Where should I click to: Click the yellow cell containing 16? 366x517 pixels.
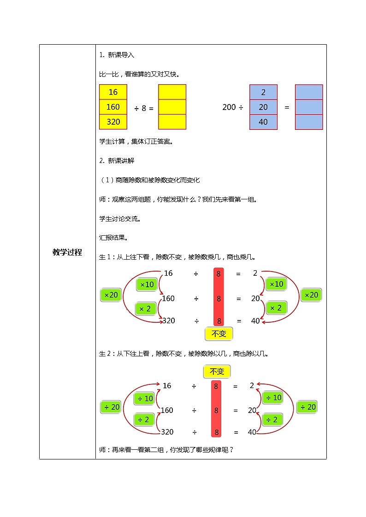click(113, 92)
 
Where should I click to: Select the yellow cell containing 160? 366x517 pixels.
click(113, 107)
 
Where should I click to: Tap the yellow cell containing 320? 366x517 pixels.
click(113, 122)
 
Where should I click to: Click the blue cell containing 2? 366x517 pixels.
click(263, 92)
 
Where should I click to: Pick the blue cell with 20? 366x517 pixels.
click(263, 107)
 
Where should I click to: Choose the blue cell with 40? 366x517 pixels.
click(263, 122)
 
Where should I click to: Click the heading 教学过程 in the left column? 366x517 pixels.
click(67, 252)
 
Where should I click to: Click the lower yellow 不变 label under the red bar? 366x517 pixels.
click(218, 333)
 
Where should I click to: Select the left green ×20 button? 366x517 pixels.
click(111, 295)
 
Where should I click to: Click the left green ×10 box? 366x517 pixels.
click(147, 285)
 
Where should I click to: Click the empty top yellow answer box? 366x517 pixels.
click(172, 92)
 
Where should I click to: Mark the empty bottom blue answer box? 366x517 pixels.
click(308, 122)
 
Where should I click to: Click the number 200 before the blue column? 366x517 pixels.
click(229, 107)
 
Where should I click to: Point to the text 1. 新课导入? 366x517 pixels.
click(117, 55)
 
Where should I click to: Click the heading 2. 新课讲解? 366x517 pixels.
click(117, 161)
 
